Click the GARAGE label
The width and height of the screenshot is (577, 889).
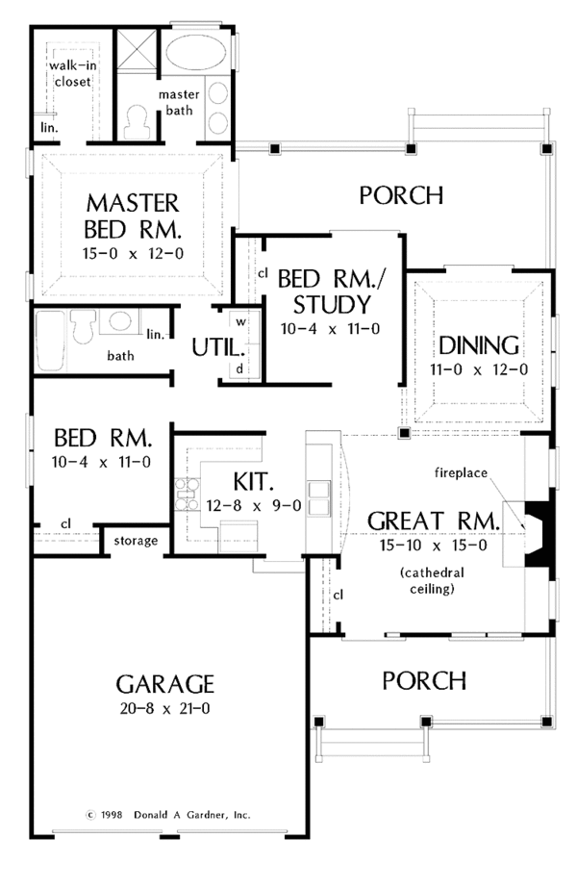164,684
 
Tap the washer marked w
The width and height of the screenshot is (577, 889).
241,320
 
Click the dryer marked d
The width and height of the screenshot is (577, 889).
239,368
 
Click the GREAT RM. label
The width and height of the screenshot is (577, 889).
435,521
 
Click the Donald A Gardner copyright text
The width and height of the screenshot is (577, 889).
167,813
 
